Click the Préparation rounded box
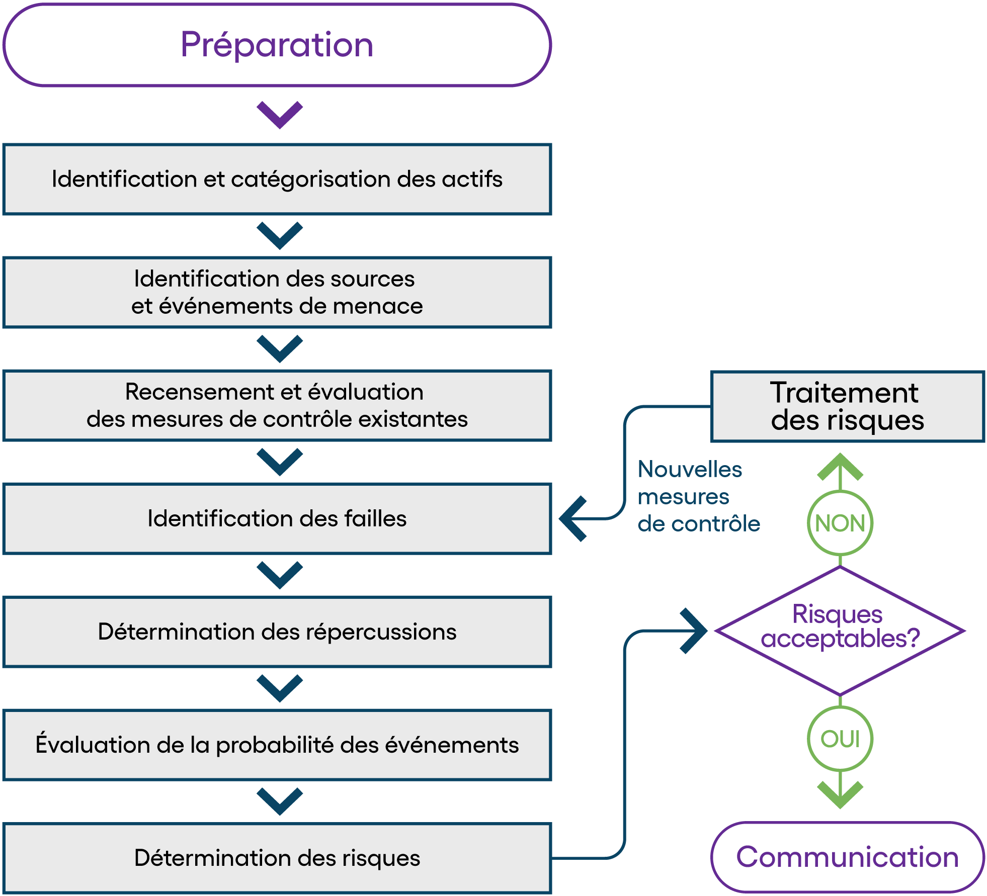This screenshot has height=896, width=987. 277,45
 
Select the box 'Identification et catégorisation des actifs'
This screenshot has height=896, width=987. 277,180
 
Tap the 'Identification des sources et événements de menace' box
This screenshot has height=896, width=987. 277,293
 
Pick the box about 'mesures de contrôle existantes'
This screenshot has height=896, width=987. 277,406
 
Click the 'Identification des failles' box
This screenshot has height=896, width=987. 277,519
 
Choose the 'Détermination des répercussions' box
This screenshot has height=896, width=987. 277,632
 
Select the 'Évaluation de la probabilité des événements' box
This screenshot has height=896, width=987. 277,745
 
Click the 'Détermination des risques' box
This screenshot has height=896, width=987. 277,858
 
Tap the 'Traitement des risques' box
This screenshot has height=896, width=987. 848,407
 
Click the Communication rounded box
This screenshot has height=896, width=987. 848,857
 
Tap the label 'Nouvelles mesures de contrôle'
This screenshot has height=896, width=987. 699,496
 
